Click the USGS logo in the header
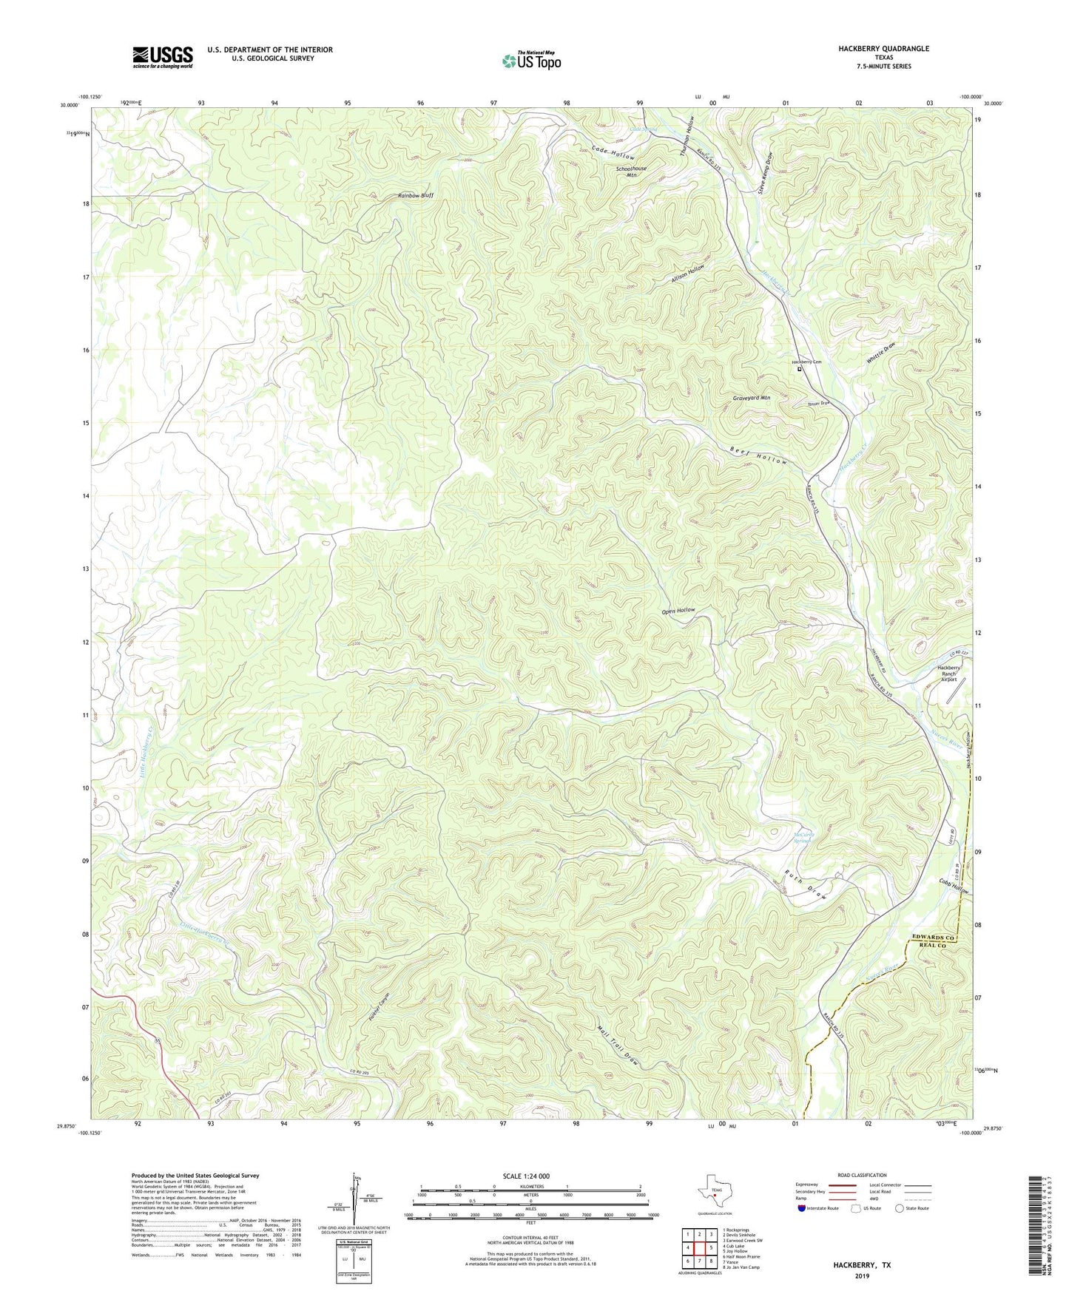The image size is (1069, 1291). [163, 57]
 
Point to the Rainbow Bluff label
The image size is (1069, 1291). [415, 196]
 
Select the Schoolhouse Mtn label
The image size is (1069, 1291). [631, 172]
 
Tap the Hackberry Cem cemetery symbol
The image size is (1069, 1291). [799, 369]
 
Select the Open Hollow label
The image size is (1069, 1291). [678, 611]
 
